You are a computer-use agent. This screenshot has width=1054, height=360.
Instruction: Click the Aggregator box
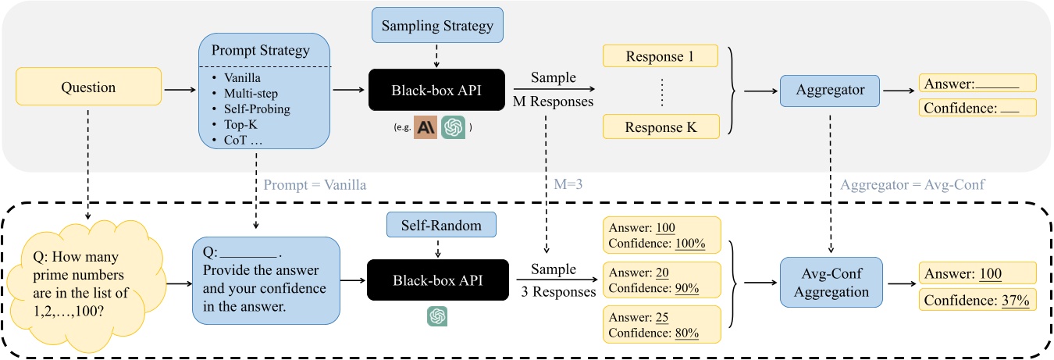830,90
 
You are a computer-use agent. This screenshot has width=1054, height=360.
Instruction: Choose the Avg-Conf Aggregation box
830,283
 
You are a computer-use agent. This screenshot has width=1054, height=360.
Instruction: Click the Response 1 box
661,56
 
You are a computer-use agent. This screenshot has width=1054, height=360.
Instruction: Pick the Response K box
661,127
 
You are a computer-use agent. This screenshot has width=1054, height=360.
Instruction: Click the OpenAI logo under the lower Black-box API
436,316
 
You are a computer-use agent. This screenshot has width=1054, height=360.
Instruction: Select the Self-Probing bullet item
256,109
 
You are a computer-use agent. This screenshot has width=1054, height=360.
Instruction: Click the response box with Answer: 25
661,324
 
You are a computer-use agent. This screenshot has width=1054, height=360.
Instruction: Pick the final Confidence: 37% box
977,301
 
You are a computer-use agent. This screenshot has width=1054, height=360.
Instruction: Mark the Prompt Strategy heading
266,51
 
